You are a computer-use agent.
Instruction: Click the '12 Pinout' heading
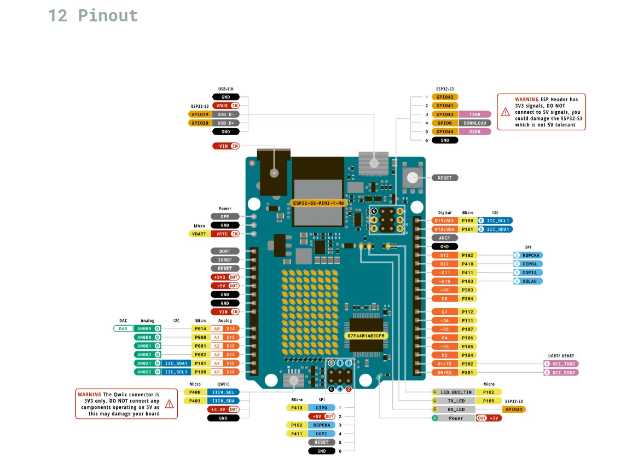point(93,15)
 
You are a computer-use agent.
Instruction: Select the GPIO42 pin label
point(444,97)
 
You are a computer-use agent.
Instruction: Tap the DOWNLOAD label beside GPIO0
point(474,123)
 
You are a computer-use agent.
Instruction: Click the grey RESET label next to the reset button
point(445,178)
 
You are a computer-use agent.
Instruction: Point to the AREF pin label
point(444,238)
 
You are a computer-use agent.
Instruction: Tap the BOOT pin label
point(225,251)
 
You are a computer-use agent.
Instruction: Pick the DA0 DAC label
point(123,328)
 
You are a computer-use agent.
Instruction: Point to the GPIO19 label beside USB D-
point(199,114)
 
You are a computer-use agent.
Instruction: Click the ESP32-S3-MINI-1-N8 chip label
point(319,203)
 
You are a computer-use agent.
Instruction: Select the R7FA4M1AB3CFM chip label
point(366,335)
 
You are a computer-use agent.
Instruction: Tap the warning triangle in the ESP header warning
point(505,111)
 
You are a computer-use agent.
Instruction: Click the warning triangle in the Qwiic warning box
point(169,404)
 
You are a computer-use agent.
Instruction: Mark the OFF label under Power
point(225,216)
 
